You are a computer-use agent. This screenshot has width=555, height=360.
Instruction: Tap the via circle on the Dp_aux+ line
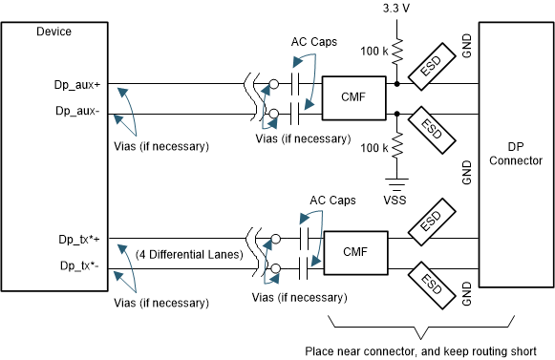tap(274, 85)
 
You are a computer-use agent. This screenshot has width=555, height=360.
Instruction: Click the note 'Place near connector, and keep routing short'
tap(420, 350)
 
